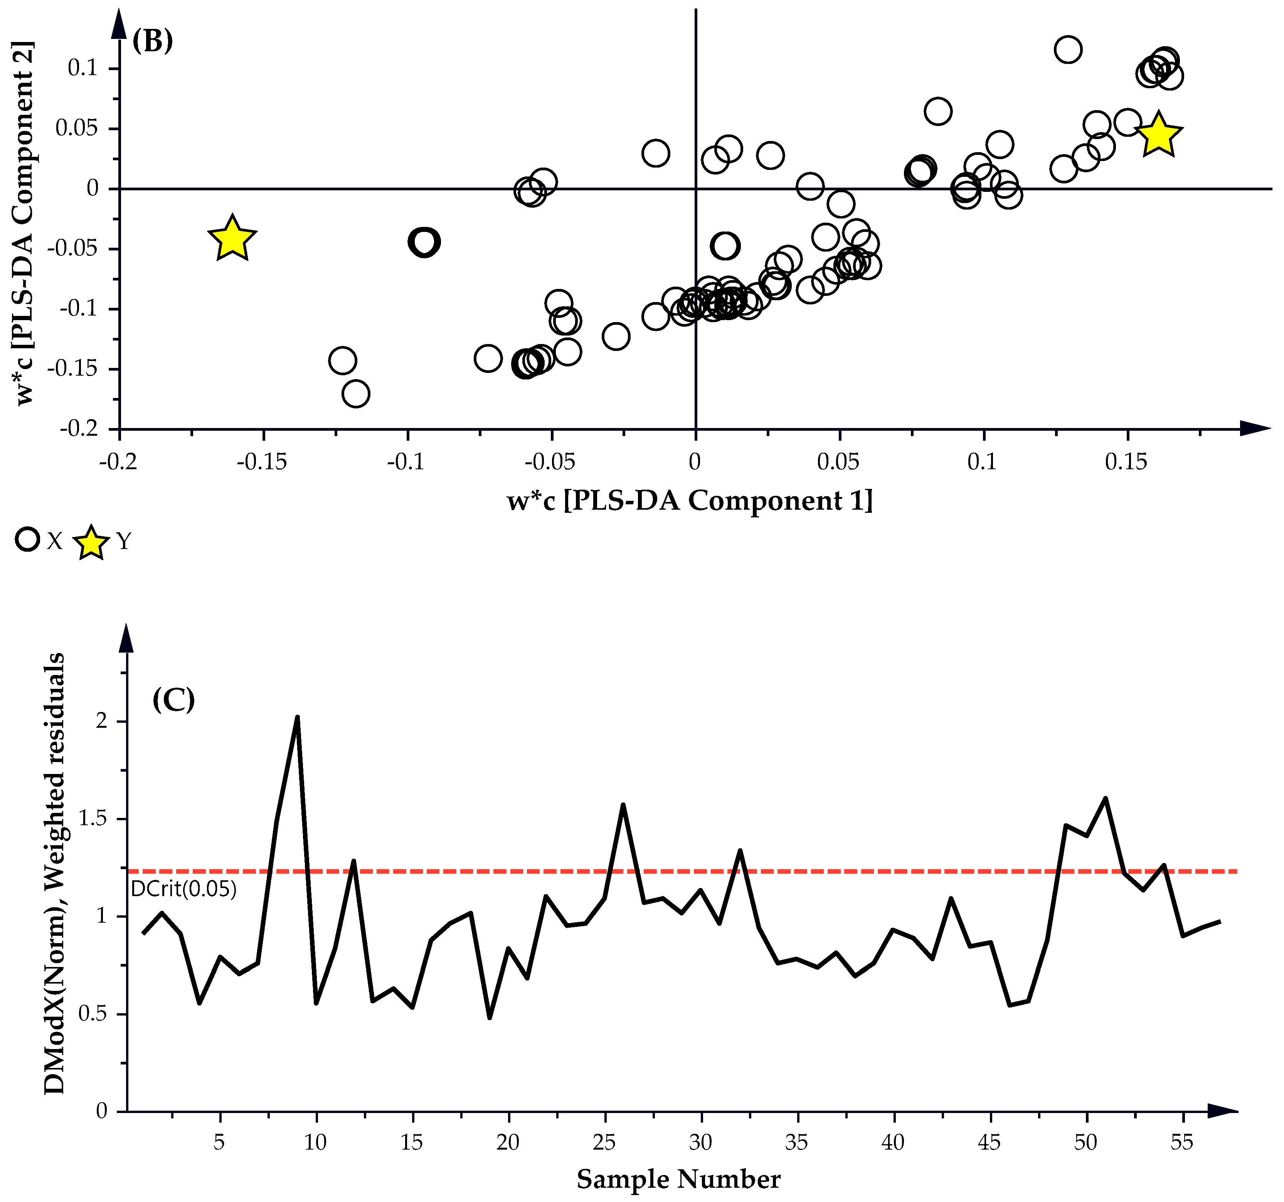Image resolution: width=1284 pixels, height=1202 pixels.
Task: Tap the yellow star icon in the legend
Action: [91, 542]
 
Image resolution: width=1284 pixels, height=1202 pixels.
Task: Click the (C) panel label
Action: [173, 700]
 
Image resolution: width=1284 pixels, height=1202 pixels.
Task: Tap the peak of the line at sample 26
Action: [623, 805]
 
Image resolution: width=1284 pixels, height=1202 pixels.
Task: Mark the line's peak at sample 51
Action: [1105, 799]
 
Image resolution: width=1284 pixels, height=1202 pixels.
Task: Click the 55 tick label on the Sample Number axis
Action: [1181, 1143]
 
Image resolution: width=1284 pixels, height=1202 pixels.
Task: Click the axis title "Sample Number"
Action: [678, 1179]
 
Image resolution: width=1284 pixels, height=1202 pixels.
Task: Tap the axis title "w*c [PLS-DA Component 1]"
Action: [690, 500]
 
